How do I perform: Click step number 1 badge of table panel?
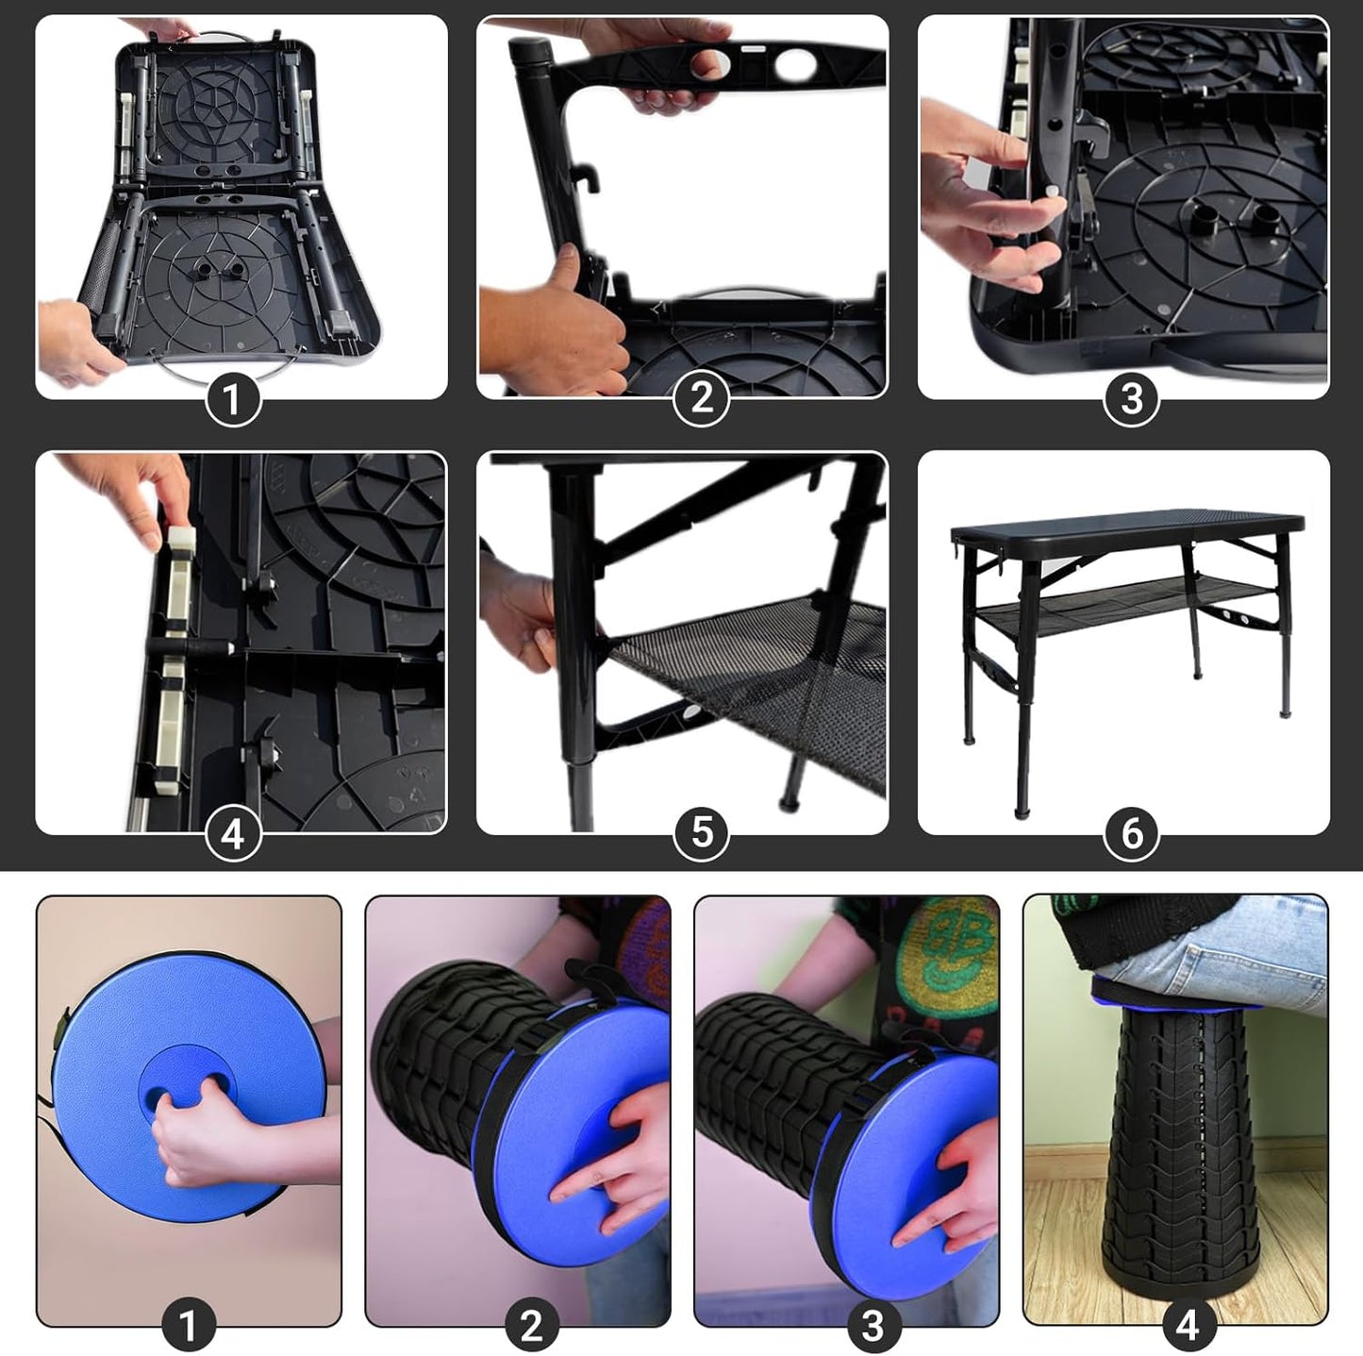pyautogui.click(x=232, y=400)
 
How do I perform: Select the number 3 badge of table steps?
pyautogui.click(x=1131, y=399)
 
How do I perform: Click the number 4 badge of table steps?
pyautogui.click(x=233, y=834)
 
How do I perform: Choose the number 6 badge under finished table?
pyautogui.click(x=1131, y=833)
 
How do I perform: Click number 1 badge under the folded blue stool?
pyautogui.click(x=188, y=1325)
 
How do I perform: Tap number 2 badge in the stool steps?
pyautogui.click(x=531, y=1325)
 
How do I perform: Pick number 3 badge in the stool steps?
pyautogui.click(x=873, y=1325)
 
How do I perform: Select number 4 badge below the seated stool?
pyautogui.click(x=1187, y=1325)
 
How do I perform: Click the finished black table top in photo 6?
pyautogui.click(x=1127, y=525)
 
